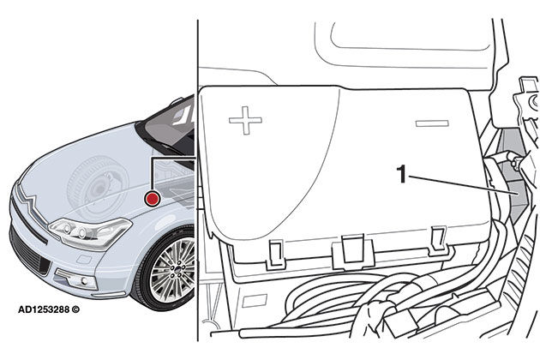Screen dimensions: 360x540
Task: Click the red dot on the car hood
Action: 153,199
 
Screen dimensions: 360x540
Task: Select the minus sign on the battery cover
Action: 432,125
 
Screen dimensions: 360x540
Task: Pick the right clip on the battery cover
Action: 438,236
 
